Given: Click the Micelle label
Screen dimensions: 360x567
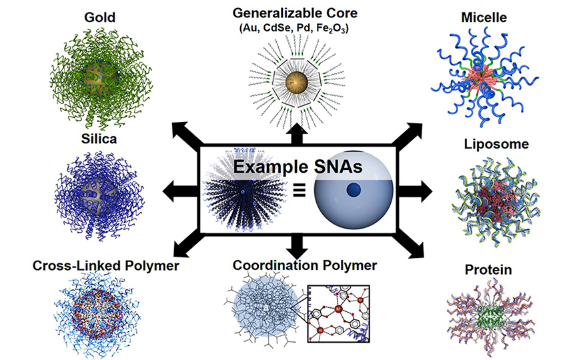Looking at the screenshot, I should (481, 15).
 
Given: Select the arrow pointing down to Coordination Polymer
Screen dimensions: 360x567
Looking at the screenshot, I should (296, 247).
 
